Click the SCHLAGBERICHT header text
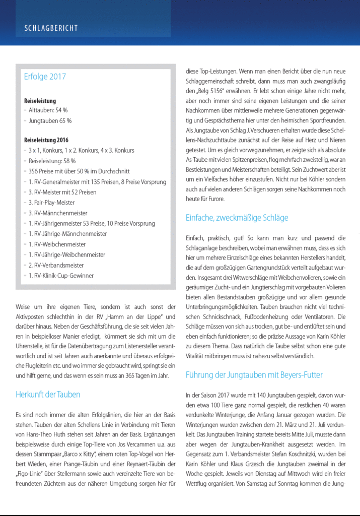click(x=51, y=28)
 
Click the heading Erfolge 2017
click(x=45, y=77)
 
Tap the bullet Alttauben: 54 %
click(x=48, y=110)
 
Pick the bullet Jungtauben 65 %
click(x=50, y=121)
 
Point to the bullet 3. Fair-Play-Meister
click(x=51, y=203)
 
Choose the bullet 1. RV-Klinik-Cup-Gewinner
click(x=61, y=276)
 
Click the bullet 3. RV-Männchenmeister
click(x=58, y=213)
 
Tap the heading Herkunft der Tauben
click(x=48, y=395)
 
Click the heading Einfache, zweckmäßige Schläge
click(x=237, y=218)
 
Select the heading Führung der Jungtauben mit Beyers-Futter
click(x=254, y=375)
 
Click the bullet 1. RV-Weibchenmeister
click(x=57, y=244)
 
